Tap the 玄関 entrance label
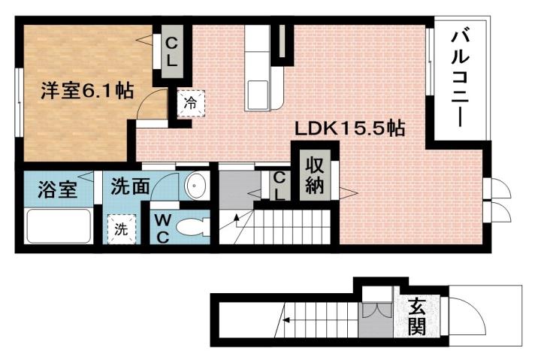click(419, 317)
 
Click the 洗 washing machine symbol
click(121, 229)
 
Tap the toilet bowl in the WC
click(197, 227)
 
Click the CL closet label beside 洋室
click(171, 52)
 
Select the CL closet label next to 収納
click(279, 185)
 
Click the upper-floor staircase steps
click(293, 223)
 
